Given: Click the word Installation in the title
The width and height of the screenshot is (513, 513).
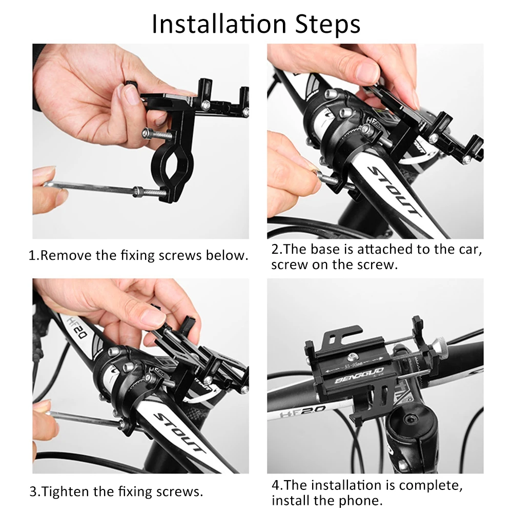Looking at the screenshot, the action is click(219, 24).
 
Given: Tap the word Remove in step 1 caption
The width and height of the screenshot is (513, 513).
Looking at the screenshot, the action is click(66, 256).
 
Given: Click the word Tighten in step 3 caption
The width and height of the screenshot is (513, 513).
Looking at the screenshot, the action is click(65, 492).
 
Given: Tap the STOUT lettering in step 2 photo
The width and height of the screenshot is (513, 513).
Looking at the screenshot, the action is click(393, 191).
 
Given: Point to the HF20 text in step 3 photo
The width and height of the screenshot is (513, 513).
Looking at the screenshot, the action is click(77, 328).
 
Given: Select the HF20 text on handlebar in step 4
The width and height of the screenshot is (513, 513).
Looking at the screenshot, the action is click(303, 411).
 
